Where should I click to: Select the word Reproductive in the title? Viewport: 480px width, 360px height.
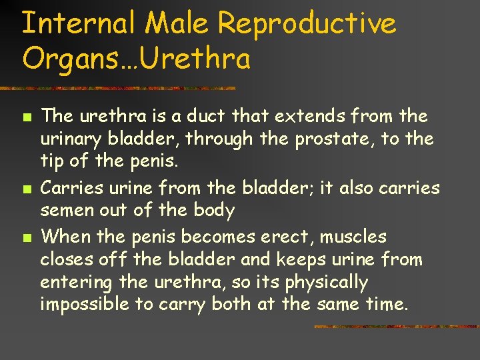tap(307, 24)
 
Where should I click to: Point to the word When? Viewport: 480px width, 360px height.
tap(65, 237)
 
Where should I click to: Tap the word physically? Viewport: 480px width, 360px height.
tap(327, 283)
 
